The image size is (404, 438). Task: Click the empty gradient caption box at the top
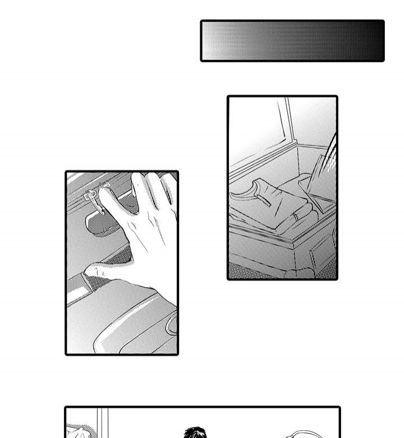click(x=292, y=41)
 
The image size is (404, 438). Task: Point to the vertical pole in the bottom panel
click(x=102, y=423)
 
